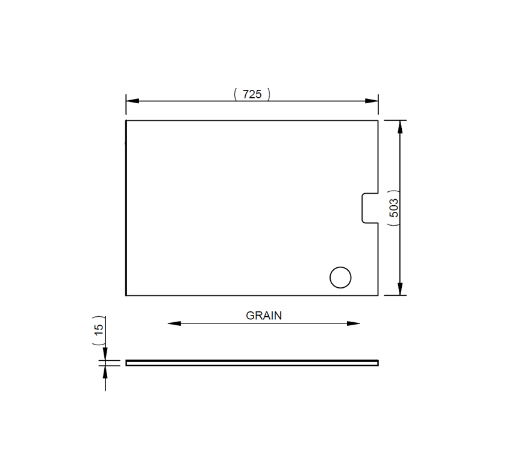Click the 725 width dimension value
coord(252,94)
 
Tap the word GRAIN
coord(263,315)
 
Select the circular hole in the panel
coord(340,277)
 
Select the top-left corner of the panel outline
coord(126,121)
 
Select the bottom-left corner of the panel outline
coord(126,295)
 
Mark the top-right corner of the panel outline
coord(378,121)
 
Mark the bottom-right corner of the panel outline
coord(378,295)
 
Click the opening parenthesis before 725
coord(234,94)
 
